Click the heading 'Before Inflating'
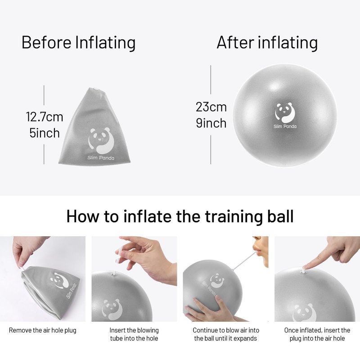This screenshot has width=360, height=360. (x=78, y=43)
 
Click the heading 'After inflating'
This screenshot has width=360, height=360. (x=267, y=43)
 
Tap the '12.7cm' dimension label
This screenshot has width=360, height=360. (x=45, y=117)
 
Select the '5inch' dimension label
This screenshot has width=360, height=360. (x=45, y=133)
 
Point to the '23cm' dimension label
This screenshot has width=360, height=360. (x=211, y=107)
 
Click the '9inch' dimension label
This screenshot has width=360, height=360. (x=211, y=123)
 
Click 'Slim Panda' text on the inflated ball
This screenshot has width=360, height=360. (x=285, y=126)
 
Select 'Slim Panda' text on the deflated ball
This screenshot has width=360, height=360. (x=100, y=158)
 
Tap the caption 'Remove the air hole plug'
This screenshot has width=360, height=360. (x=42, y=330)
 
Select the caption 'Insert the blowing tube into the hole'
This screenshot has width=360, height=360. (x=134, y=334)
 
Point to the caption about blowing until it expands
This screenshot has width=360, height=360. (x=226, y=334)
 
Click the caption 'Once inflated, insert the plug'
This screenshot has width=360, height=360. (x=317, y=334)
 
